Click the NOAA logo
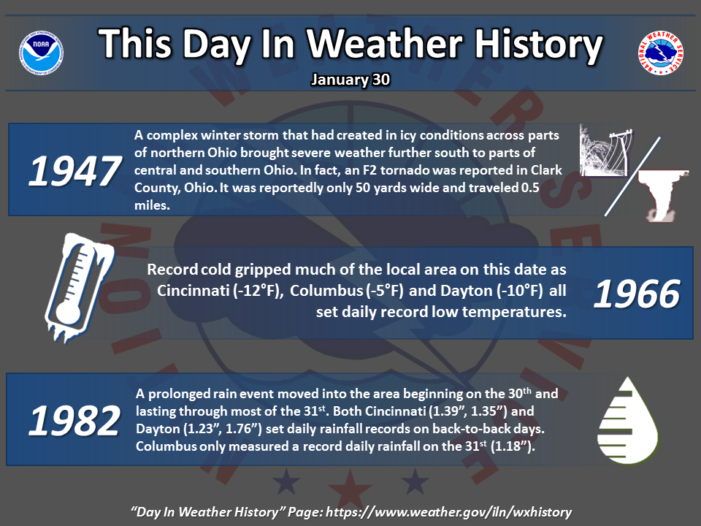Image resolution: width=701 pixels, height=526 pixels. pos(41,53)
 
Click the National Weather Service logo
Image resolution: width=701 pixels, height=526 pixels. pos(660,53)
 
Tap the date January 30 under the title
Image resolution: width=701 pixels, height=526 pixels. pos(350,80)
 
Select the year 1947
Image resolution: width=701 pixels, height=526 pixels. pos(74,171)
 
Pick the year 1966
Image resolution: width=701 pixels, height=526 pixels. pos(637,294)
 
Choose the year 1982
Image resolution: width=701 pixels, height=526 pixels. pos(74,420)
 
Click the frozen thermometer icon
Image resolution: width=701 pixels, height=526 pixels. pos(79,287)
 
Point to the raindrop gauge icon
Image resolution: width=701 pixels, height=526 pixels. pos(627,421)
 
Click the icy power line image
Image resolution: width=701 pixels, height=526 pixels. pos(607,150)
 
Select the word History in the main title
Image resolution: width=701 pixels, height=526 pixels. pos(539,44)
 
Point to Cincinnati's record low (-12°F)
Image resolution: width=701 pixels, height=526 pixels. pos(258,291)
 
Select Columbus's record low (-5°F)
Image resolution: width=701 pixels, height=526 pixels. pos(385,291)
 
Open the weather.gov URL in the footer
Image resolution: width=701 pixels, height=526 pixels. pos(448,512)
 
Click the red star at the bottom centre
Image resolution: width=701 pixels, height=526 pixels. pos(350,487)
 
